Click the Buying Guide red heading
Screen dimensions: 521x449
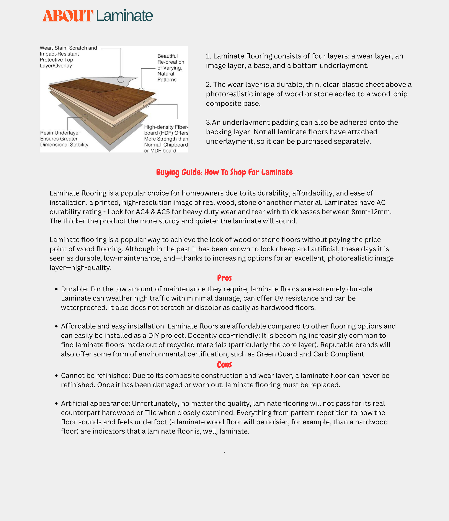coord(224,172)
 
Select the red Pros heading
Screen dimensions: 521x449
coord(224,278)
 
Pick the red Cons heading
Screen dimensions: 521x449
coord(224,365)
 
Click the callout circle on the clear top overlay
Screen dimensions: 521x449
coord(121,79)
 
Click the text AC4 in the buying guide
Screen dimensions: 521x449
coord(142,212)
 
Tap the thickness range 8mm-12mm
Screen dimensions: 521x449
coord(371,212)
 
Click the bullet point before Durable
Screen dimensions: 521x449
coord(57,289)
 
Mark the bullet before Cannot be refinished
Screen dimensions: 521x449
coord(57,376)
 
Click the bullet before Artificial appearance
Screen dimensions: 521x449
coord(57,404)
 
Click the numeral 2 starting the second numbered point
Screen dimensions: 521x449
coord(208,84)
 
